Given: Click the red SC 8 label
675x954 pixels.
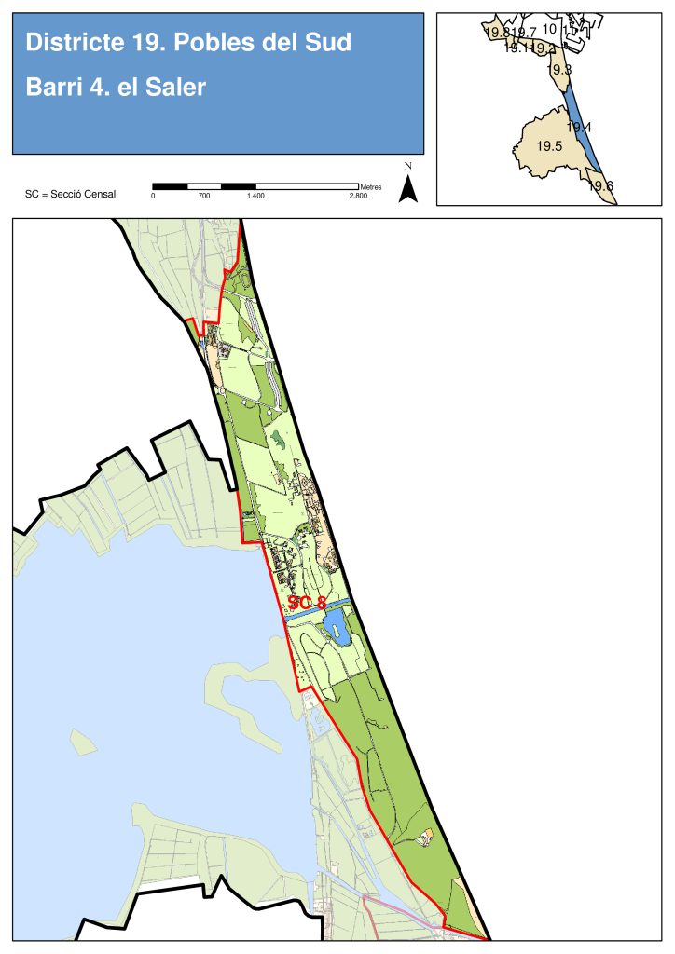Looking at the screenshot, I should pos(307,603).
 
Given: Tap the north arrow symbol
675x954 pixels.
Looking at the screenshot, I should pos(407,189).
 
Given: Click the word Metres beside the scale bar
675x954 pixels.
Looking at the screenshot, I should pos(370,187).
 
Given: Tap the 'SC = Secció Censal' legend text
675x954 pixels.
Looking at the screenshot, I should pos(70,195).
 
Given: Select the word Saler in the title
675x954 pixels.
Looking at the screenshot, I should pos(176,89).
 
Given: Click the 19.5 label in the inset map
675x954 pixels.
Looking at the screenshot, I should pos(548,146).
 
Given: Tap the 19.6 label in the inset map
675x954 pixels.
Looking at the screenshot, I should pos(601,186).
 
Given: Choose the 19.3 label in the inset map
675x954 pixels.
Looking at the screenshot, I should pos(559,70).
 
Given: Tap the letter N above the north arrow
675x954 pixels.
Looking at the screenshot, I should pos(408,166).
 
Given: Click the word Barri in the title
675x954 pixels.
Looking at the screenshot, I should pos(52,89).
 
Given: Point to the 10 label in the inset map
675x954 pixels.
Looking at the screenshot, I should pos(549,29).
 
